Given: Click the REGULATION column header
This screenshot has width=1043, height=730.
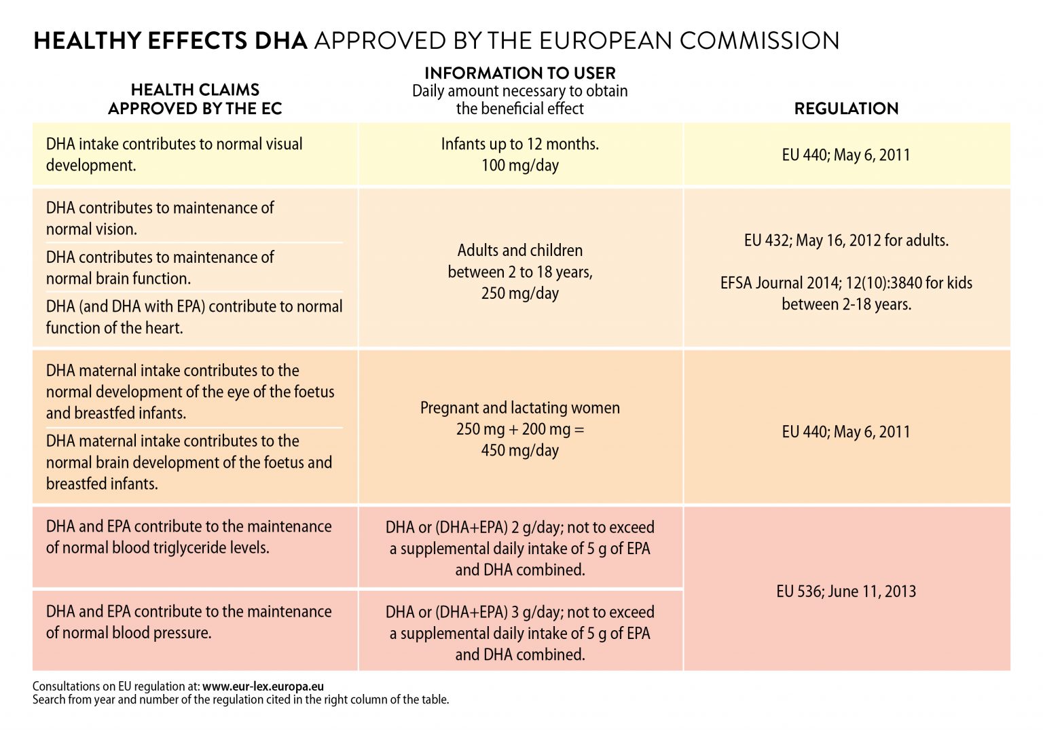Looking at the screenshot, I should (x=846, y=109).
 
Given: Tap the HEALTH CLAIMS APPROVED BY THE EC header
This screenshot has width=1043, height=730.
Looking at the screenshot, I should (x=195, y=99).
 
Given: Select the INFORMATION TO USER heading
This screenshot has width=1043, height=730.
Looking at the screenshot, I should (x=519, y=73).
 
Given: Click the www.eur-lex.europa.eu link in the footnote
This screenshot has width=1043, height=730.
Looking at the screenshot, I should (x=263, y=687).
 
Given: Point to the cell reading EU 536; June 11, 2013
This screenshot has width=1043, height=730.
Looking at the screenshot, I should (x=846, y=591).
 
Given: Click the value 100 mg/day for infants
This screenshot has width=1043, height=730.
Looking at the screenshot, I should (x=519, y=165).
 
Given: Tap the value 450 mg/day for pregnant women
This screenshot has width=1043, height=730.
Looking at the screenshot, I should (x=519, y=450).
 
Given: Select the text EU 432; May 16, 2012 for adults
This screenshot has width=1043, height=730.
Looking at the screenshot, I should (x=846, y=240).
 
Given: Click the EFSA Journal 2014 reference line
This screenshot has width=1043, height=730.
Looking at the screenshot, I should (x=846, y=283).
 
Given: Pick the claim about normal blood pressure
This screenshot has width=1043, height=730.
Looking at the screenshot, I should (x=189, y=622).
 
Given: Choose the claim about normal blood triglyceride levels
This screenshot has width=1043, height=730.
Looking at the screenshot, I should (x=189, y=537).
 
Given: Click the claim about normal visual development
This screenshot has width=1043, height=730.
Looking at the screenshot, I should (x=175, y=154).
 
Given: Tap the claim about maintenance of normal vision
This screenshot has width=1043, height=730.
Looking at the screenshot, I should (x=160, y=218).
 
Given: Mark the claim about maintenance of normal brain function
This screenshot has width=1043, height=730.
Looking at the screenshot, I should (x=160, y=268).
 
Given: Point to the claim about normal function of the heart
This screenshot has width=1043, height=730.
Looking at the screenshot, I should (x=194, y=317).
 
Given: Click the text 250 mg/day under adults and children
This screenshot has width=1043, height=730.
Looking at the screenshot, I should (x=519, y=293).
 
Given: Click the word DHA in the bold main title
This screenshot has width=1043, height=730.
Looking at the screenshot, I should (x=280, y=41).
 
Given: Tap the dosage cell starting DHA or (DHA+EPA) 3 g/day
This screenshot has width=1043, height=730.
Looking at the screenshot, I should (x=519, y=633).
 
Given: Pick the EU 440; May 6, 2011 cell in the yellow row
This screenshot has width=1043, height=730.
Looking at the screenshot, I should (x=846, y=155).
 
